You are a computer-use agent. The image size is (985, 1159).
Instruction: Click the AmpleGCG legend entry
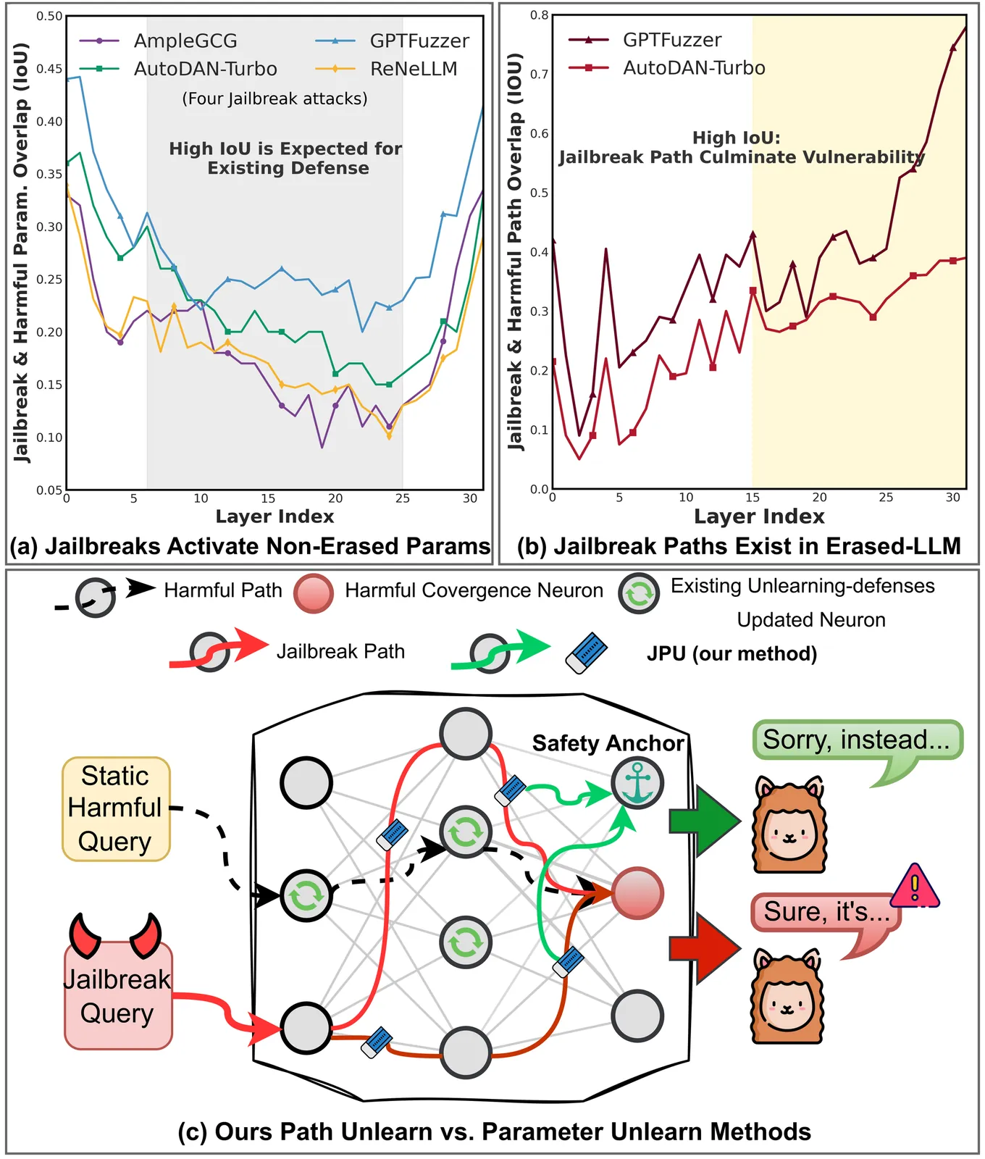185,41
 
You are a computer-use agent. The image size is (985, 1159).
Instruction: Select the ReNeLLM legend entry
413,69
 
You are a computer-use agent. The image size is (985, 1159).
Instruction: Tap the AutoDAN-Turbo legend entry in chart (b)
693,68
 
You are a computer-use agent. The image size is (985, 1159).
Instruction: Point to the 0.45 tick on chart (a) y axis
49,69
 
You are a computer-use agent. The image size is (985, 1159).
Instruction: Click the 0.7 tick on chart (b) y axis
538,74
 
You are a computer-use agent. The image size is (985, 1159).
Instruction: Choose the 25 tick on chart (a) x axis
403,498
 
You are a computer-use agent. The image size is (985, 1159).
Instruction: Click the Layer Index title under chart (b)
759,516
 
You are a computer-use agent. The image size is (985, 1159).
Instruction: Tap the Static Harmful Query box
116,808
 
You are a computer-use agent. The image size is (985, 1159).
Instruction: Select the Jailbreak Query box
118,995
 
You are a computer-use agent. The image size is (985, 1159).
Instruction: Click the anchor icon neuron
637,783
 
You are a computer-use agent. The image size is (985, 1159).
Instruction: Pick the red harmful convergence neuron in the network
637,892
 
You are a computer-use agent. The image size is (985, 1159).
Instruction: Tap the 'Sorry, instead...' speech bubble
858,740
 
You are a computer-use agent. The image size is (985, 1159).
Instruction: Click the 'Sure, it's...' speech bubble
826,912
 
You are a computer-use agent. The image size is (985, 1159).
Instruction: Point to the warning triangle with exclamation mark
915,885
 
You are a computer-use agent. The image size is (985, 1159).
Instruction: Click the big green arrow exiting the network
703,821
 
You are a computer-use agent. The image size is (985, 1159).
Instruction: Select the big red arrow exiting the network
703,947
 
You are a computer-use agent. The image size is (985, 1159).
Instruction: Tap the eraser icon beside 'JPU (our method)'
586,653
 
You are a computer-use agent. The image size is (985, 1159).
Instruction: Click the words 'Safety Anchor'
608,743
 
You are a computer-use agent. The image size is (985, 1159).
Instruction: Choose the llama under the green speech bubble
789,825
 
